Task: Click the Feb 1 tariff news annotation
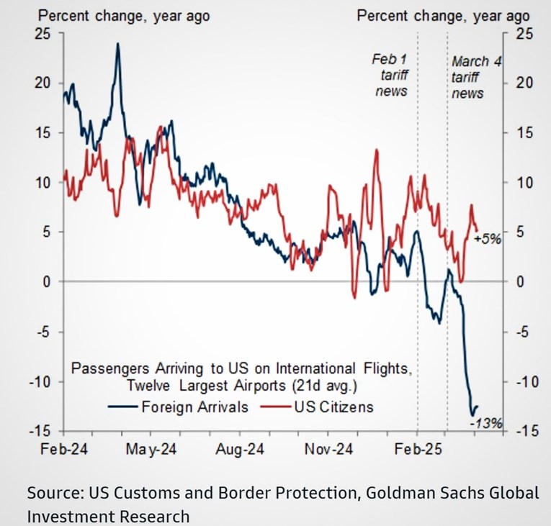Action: point(390,74)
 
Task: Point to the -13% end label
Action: point(481,425)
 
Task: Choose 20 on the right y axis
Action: point(524,83)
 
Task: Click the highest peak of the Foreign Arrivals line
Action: point(117,44)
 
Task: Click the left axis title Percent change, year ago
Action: point(106,15)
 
